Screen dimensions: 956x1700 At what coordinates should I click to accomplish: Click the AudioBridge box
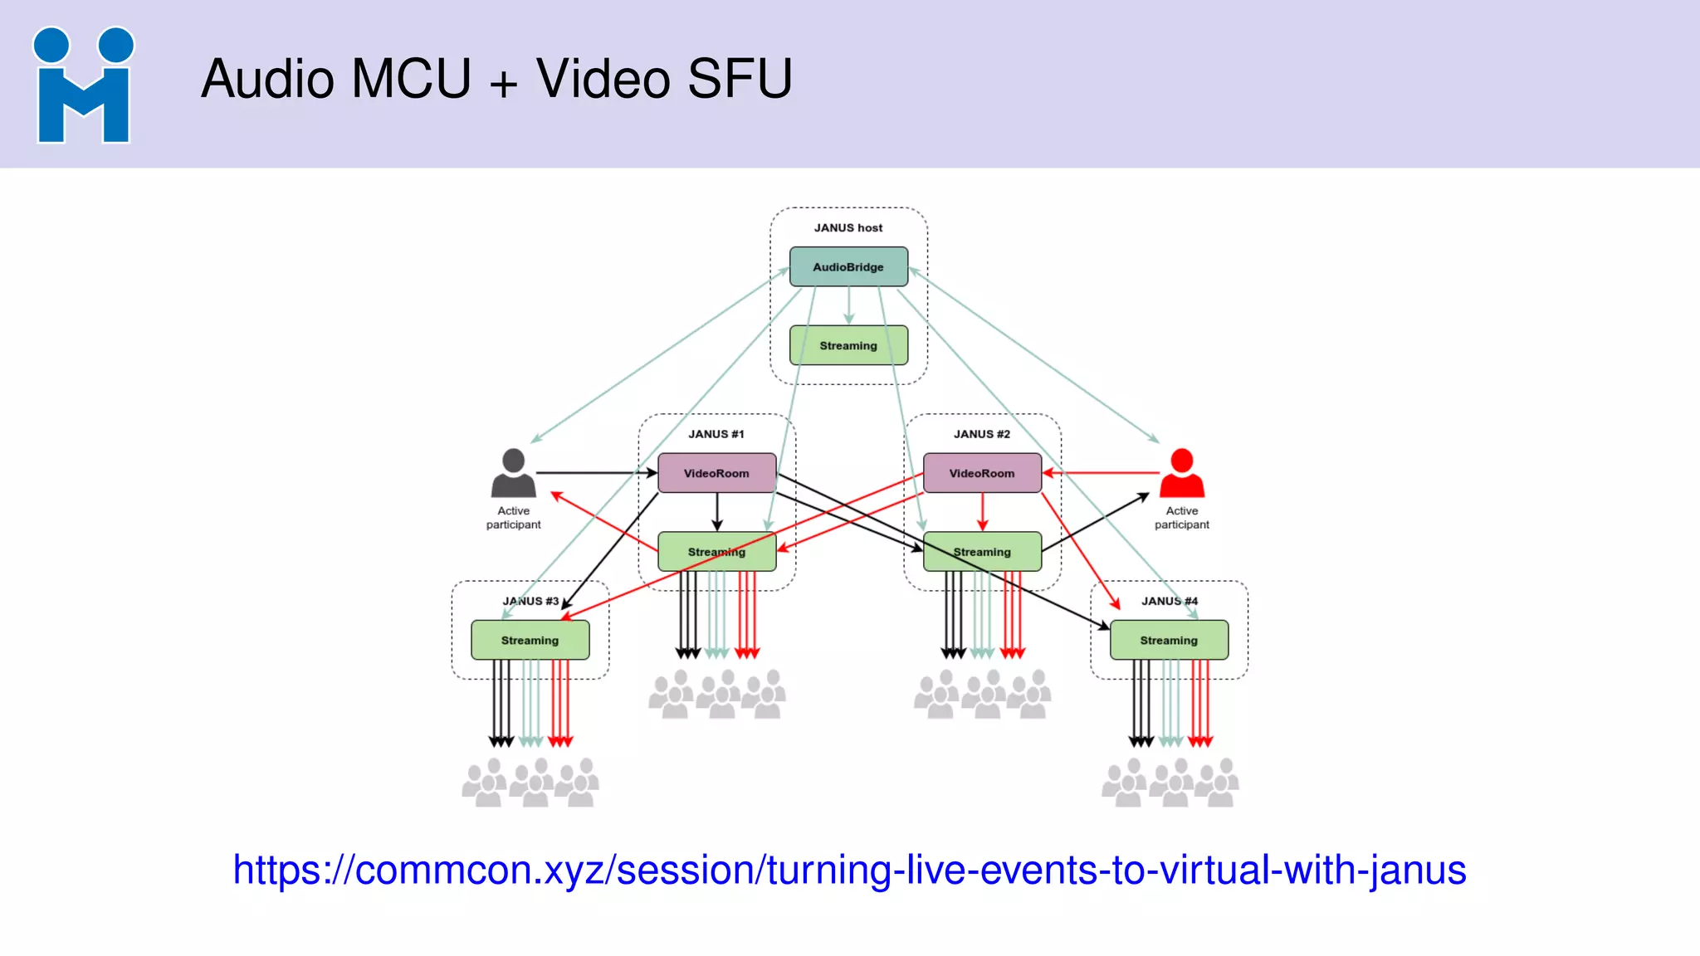(x=848, y=266)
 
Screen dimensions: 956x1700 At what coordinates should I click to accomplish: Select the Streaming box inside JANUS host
(x=848, y=345)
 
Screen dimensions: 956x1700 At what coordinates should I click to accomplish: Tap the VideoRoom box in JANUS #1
(x=716, y=473)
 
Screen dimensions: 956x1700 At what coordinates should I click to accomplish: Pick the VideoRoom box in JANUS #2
(x=982, y=473)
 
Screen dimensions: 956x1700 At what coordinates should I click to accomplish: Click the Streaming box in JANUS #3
(x=530, y=640)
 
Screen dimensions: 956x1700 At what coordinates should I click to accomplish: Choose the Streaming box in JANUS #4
(x=1169, y=640)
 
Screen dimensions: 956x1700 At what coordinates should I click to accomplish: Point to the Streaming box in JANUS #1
(x=716, y=552)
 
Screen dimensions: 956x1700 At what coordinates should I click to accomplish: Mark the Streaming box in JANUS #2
(x=982, y=552)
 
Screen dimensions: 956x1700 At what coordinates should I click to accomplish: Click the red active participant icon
(x=1182, y=473)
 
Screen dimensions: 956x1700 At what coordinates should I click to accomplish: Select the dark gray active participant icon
(x=513, y=473)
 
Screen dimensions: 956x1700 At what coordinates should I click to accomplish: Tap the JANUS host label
(x=848, y=227)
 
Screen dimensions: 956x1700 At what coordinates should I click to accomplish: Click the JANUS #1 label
(x=716, y=434)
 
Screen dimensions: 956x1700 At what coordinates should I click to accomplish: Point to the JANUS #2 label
(x=982, y=434)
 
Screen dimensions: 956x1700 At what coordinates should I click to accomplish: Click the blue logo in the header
(x=83, y=85)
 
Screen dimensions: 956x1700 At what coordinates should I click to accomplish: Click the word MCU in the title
(x=411, y=79)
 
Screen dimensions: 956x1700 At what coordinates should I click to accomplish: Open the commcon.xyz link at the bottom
(x=849, y=870)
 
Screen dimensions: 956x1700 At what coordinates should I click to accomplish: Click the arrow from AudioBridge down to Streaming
(x=848, y=307)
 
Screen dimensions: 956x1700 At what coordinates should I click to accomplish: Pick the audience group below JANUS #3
(x=530, y=783)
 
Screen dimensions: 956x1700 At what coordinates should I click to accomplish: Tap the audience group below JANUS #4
(x=1170, y=783)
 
